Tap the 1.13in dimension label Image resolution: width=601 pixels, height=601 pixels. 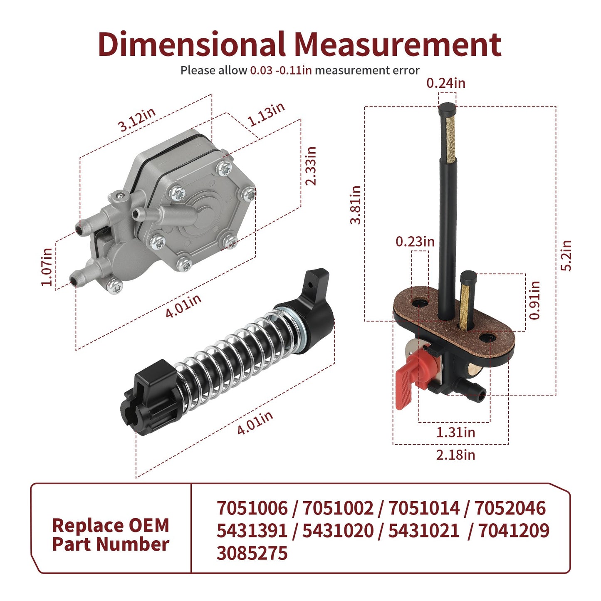(x=266, y=114)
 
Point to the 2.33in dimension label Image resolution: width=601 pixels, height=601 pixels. (x=311, y=166)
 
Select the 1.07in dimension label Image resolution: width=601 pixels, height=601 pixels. (x=47, y=267)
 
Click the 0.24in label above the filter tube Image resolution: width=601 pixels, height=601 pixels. (x=446, y=83)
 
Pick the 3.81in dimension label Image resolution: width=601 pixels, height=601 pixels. (x=356, y=205)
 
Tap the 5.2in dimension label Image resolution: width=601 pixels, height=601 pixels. (x=566, y=256)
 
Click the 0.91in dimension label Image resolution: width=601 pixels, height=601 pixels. (x=534, y=300)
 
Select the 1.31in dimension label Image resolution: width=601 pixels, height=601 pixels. (x=456, y=432)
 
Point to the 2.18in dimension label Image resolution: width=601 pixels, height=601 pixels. (x=456, y=455)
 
